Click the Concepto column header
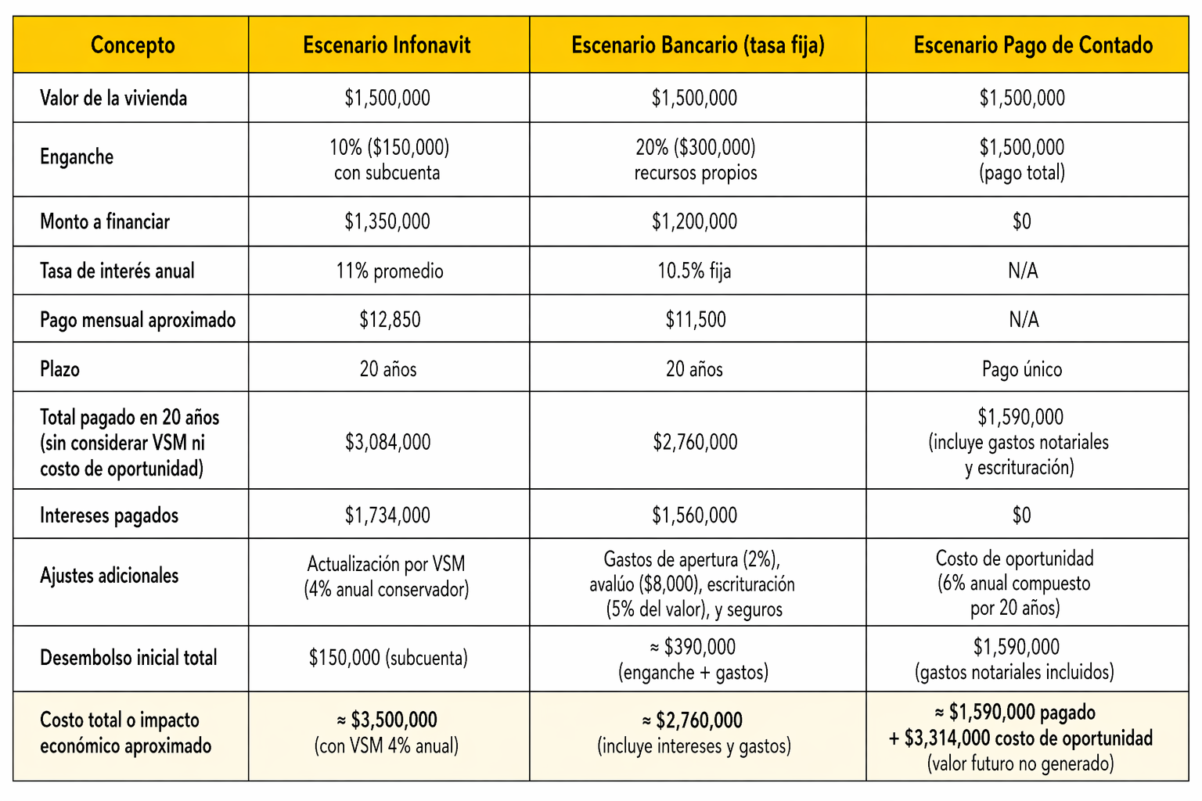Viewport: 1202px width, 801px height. [x=132, y=45]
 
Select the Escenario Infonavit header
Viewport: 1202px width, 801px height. [x=387, y=45]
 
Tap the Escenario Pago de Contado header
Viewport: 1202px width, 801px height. [x=1033, y=45]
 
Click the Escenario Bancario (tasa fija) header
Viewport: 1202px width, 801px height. [x=697, y=45]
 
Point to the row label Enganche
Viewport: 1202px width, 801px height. [x=77, y=157]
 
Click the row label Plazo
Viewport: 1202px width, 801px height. [x=60, y=369]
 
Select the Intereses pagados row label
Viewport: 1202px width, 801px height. [x=109, y=515]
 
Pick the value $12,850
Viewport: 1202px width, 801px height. [x=390, y=320]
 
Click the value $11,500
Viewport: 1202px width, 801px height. [x=696, y=320]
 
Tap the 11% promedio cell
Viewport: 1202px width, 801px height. [x=390, y=271]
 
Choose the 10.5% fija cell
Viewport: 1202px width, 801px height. [x=694, y=271]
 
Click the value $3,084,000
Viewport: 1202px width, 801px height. [x=387, y=443]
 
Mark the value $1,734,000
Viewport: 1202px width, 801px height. [x=387, y=515]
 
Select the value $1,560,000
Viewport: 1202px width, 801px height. [x=695, y=515]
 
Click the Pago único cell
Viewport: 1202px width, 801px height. [x=1022, y=369]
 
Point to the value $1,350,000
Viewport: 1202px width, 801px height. [x=387, y=222]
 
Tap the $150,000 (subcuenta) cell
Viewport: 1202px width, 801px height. [x=388, y=658]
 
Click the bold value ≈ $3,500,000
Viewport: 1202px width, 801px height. [x=387, y=720]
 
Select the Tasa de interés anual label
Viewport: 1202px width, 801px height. [x=117, y=271]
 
